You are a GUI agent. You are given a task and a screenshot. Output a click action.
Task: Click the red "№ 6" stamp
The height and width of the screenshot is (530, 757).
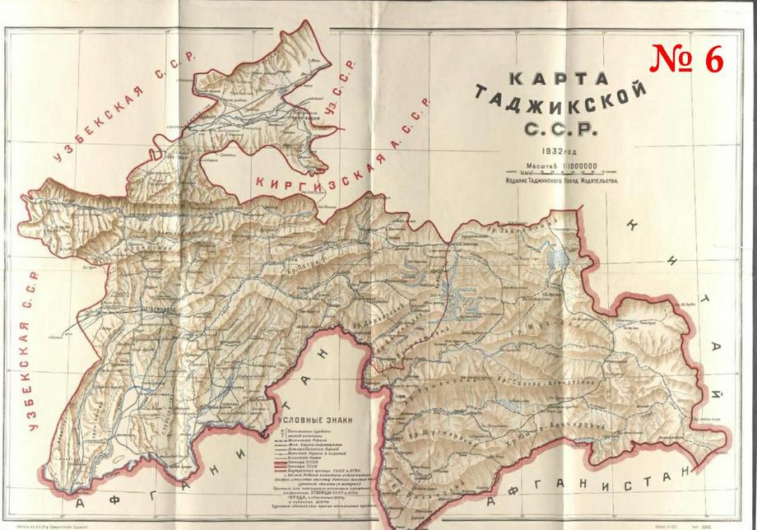[687, 58]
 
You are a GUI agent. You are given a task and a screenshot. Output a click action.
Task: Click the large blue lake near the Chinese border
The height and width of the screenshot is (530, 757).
[553, 262]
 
